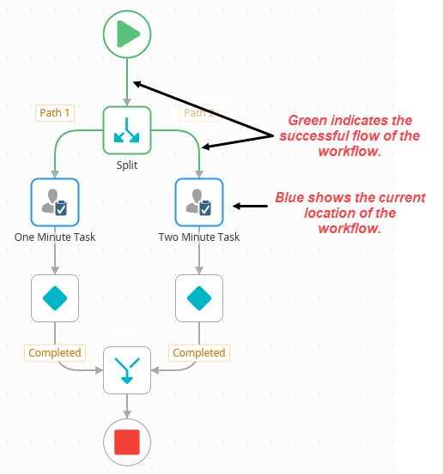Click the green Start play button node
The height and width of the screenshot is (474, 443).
tap(127, 34)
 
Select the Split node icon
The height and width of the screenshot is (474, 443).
tap(127, 130)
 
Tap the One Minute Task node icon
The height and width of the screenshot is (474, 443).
tap(55, 202)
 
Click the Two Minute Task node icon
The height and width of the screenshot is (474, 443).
tap(199, 202)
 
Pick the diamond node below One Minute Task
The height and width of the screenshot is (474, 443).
tap(55, 298)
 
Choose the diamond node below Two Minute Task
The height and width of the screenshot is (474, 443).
tap(199, 298)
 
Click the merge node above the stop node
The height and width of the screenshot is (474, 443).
tap(127, 369)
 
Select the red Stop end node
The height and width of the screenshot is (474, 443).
tap(127, 441)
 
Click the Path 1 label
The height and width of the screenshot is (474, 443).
tap(55, 112)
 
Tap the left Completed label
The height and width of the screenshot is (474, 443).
tap(55, 352)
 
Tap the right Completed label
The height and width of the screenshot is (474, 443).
tap(199, 352)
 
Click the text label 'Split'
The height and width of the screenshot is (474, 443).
tap(127, 165)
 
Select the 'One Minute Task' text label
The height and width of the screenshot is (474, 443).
tap(55, 237)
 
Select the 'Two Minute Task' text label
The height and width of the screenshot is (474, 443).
tap(199, 237)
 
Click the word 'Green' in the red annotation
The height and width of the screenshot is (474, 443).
tap(306, 121)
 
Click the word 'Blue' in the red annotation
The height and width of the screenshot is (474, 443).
tap(289, 198)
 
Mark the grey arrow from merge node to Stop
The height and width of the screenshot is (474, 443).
tap(127, 406)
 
